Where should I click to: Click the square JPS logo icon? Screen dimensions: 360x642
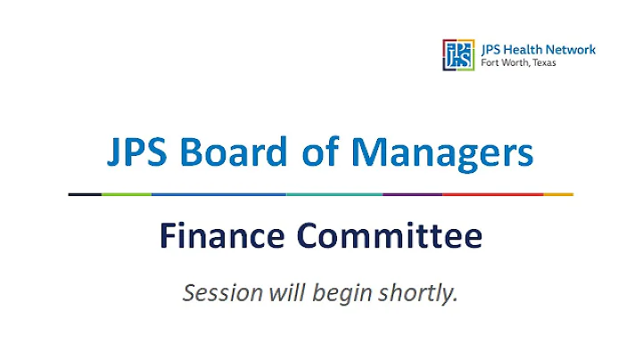point(457,54)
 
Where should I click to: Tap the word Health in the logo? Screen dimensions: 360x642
point(520,50)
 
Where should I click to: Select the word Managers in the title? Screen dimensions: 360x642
point(442,153)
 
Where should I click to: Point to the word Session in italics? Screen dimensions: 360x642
point(218,292)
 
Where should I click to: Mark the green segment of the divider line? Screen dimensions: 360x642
point(127,193)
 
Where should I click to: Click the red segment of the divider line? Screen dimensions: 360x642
point(492,193)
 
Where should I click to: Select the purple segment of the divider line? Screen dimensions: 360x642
point(412,193)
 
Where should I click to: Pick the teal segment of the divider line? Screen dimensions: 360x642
point(334,193)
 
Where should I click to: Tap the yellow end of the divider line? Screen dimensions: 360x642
point(558,193)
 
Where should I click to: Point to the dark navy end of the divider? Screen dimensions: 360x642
point(85,193)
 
